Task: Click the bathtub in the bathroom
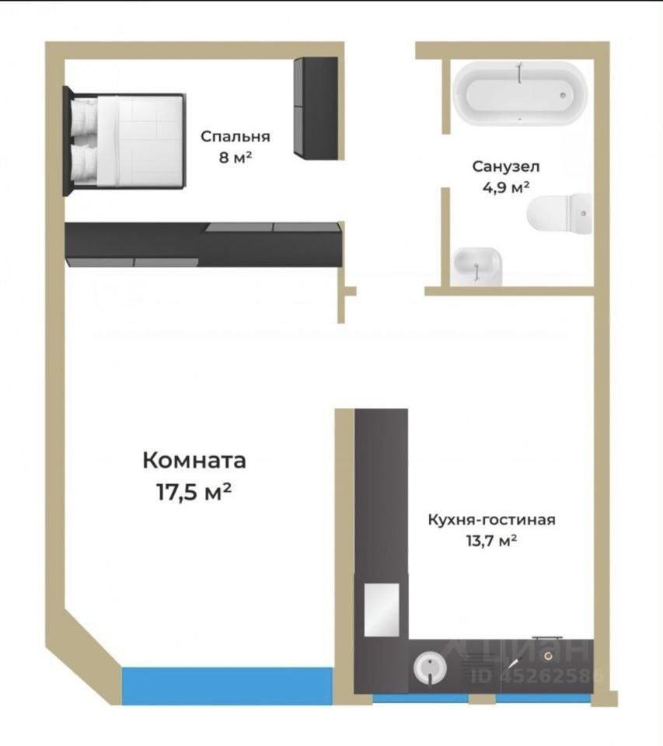520,94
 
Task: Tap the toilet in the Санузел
559,214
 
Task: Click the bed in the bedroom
124,141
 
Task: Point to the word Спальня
235,137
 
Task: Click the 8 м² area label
235,157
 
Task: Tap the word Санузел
506,166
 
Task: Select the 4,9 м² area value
506,187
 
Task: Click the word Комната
194,460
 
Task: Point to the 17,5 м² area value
194,492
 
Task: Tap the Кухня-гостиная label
492,520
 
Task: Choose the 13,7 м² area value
492,541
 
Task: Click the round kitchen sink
430,668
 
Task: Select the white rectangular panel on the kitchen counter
382,610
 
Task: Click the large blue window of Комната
228,685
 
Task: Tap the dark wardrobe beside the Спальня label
316,108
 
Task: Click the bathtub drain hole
563,95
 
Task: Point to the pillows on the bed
85,141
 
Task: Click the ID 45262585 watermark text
538,675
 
